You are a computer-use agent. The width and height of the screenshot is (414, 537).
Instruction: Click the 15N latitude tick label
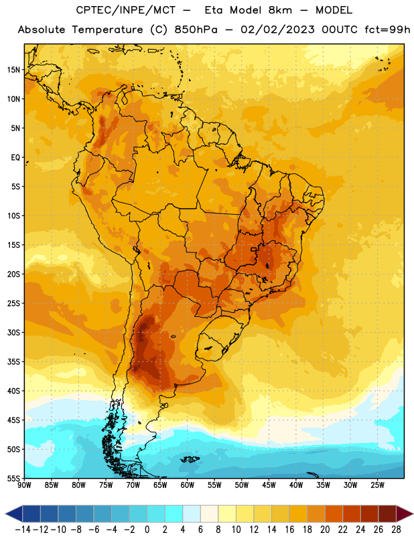pos(13,70)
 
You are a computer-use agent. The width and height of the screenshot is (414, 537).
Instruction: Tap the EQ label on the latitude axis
pos(15,158)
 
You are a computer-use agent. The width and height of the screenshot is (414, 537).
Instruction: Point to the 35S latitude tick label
pos(13,362)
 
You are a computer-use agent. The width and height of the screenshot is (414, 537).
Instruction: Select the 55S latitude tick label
pos(13,478)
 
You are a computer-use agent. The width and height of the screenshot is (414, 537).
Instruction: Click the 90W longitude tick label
pos(24,485)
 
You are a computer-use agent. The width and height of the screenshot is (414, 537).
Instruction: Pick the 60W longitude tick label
pos(188,485)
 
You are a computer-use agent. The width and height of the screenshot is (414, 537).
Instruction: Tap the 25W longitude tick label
pos(377,485)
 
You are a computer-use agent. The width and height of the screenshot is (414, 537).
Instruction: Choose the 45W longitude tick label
pos(269,485)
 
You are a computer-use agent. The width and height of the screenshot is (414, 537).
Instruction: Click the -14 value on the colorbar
pos(23,530)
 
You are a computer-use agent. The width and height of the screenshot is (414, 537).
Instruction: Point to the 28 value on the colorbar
pos(396,530)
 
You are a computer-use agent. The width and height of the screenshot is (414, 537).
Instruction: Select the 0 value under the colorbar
pos(147,530)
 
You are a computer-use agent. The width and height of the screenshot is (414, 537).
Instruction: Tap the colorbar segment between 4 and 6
pos(192,514)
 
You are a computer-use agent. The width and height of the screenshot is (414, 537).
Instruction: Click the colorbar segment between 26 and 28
pos(387,514)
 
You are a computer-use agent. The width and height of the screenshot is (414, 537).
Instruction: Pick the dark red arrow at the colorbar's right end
pos(403,514)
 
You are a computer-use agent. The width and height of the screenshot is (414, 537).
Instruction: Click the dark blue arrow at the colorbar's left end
pos(15,514)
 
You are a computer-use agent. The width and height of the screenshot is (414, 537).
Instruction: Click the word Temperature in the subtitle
pos(107,30)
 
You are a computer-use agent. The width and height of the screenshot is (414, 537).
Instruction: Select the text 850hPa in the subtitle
pos(196,30)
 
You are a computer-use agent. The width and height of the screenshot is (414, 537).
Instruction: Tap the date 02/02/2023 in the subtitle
pos(277,30)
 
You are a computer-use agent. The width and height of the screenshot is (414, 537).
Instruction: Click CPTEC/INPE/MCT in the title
pos(126,10)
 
